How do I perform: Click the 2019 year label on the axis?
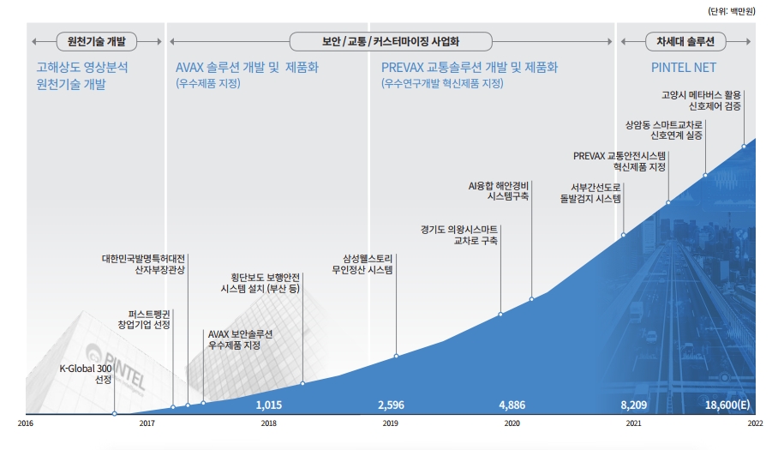(390, 423)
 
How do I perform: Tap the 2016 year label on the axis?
(26, 423)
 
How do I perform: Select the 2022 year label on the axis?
(755, 423)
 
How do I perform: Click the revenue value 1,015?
(269, 405)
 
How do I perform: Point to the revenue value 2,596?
(391, 405)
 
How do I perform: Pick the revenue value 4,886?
(512, 405)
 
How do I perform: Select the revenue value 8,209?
(634, 405)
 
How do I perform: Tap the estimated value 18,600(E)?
(728, 405)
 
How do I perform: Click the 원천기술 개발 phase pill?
(96, 40)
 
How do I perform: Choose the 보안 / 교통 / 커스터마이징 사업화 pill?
(392, 40)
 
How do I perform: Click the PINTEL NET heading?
(684, 67)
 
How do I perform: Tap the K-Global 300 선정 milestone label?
(86, 374)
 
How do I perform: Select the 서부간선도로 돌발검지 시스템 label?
(590, 193)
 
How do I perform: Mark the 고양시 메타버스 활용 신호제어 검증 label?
(702, 101)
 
